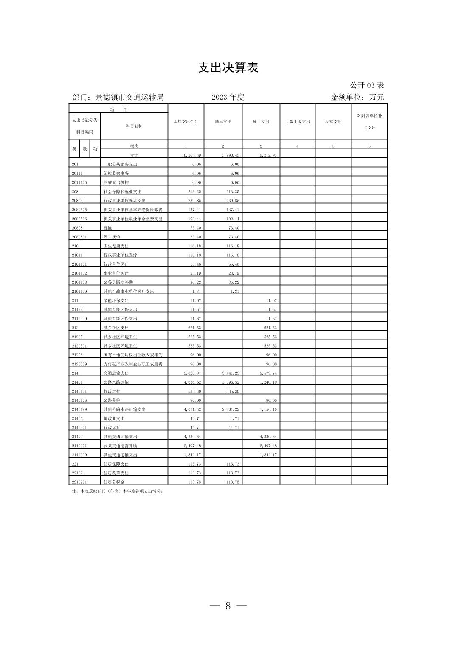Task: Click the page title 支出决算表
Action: [x=228, y=68]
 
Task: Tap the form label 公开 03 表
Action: [x=367, y=85]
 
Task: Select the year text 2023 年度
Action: [x=228, y=97]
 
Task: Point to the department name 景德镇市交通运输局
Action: [x=129, y=97]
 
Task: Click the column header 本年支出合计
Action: [x=186, y=122]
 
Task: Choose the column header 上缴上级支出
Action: [x=297, y=122]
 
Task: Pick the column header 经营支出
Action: [x=333, y=122]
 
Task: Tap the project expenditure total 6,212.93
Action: [x=267, y=155]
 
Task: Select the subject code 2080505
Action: [x=79, y=210]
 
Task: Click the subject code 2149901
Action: [x=79, y=446]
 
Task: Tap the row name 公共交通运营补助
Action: [x=120, y=446]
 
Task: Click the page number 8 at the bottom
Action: [x=228, y=606]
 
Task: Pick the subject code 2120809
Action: [x=79, y=364]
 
